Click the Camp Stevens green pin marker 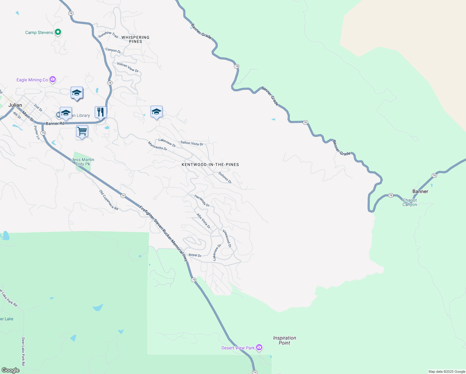tap(58, 32)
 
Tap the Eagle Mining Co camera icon tap(53, 79)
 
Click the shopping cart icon tap(82, 131)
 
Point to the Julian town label tap(15, 105)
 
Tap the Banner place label tap(420, 191)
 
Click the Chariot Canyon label tap(410, 202)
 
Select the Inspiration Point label tap(284, 340)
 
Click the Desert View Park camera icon tap(259, 348)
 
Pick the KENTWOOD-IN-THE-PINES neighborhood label tap(210, 165)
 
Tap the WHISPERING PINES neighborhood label tap(136, 39)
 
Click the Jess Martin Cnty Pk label tap(83, 162)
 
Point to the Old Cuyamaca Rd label tap(109, 200)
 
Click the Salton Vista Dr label tap(192, 143)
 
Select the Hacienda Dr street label tap(202, 201)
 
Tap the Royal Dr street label tap(195, 255)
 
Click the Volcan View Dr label tap(128, 67)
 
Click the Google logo tap(11, 370)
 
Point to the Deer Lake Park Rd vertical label tap(23, 352)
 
